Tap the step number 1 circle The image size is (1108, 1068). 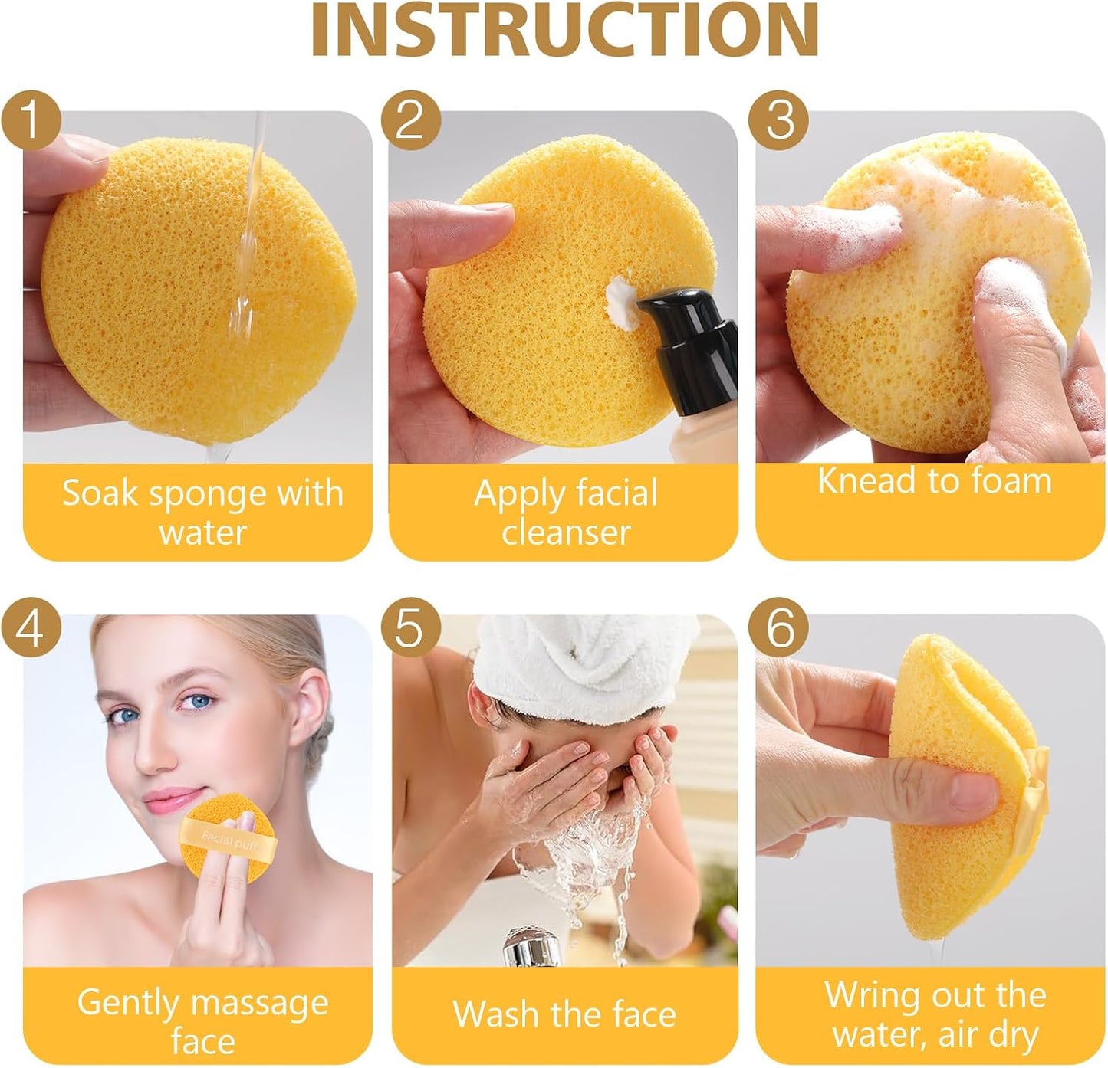[x=30, y=120]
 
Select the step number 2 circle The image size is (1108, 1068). [x=410, y=120]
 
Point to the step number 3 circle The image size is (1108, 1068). [x=780, y=120]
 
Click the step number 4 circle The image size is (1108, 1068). [x=30, y=628]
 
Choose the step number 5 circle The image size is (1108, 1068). [x=410, y=628]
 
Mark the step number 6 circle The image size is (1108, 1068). [x=780, y=628]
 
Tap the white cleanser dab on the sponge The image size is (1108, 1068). [x=621, y=301]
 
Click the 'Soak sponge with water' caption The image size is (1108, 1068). [x=202, y=512]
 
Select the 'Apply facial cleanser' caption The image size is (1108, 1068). [x=565, y=512]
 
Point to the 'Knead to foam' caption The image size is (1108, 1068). [x=933, y=481]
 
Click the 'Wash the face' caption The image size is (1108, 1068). [x=565, y=1014]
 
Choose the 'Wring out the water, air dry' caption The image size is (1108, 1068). [x=935, y=1014]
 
